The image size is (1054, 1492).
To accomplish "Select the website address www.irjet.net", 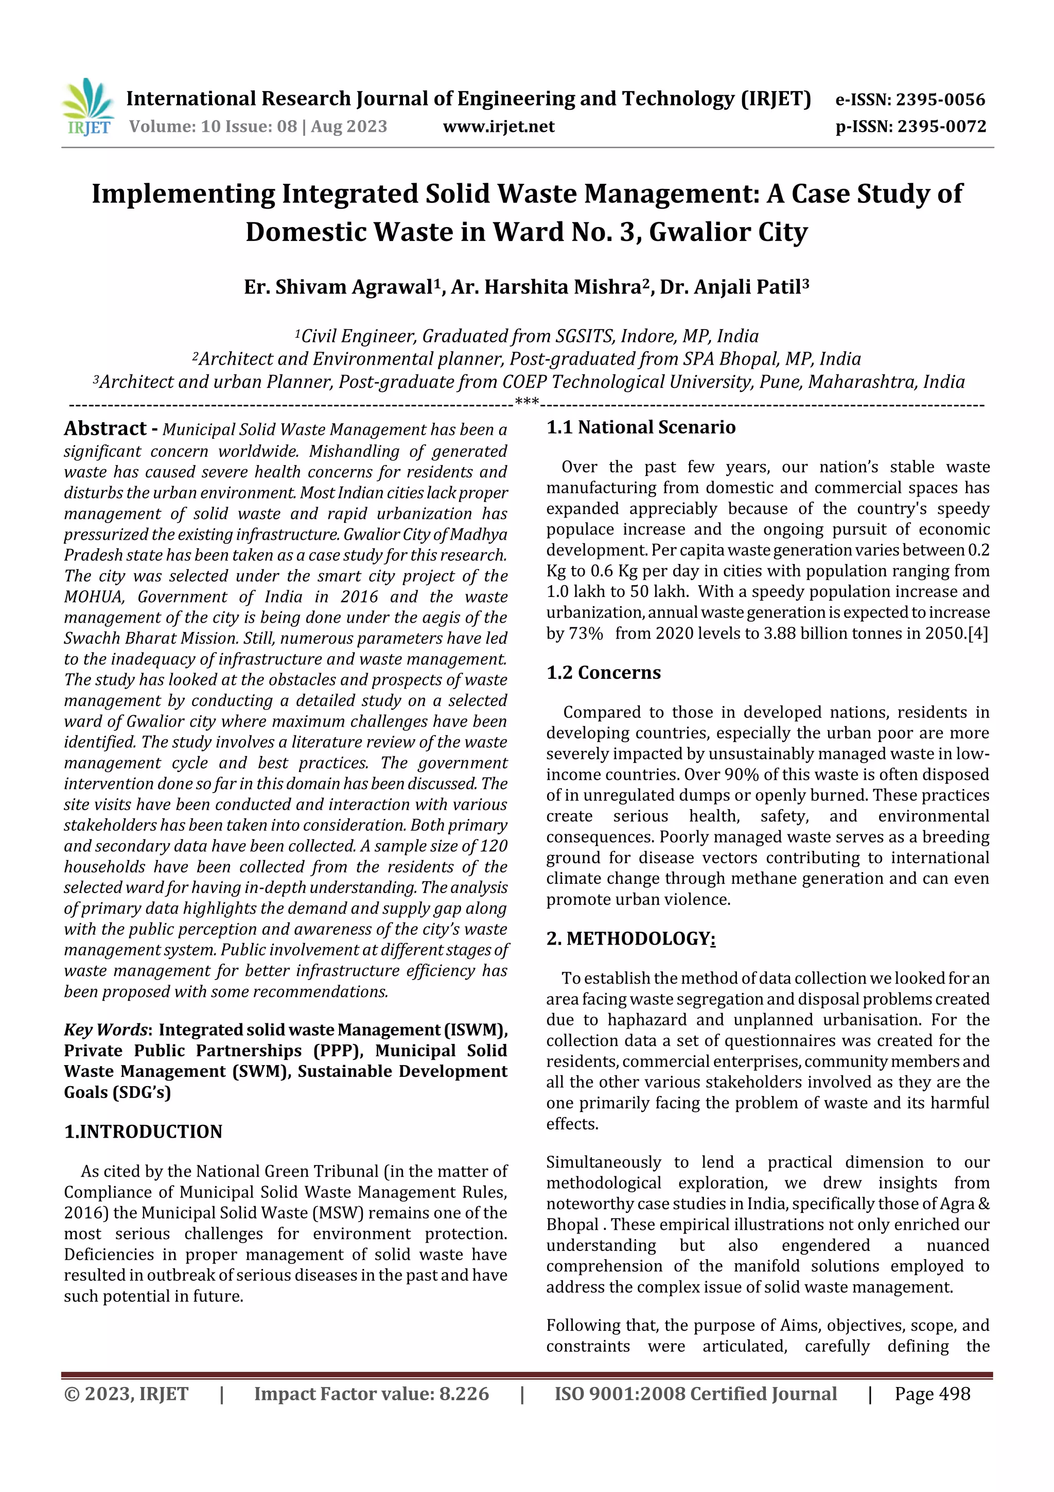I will (498, 126).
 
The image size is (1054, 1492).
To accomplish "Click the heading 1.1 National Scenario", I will (640, 427).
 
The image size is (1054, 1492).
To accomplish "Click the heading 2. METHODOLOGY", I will (630, 938).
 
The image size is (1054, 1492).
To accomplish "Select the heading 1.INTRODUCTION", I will (143, 1131).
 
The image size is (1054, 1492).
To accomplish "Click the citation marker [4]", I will (977, 633).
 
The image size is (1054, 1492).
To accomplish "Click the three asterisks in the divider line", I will (526, 402).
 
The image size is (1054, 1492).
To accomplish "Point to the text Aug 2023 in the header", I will (349, 126).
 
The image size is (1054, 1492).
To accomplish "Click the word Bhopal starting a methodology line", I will (572, 1224).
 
